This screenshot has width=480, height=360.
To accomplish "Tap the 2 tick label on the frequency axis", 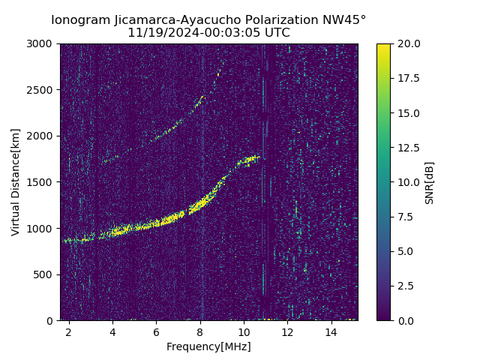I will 69,331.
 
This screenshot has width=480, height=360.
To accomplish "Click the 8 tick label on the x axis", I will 200,331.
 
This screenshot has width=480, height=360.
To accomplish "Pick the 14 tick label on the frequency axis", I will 331,331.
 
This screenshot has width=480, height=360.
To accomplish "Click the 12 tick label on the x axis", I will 288,331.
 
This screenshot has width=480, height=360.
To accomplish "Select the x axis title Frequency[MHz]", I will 208,346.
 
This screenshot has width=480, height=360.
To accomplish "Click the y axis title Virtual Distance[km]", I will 16,182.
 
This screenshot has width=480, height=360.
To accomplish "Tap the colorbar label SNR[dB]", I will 430,182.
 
